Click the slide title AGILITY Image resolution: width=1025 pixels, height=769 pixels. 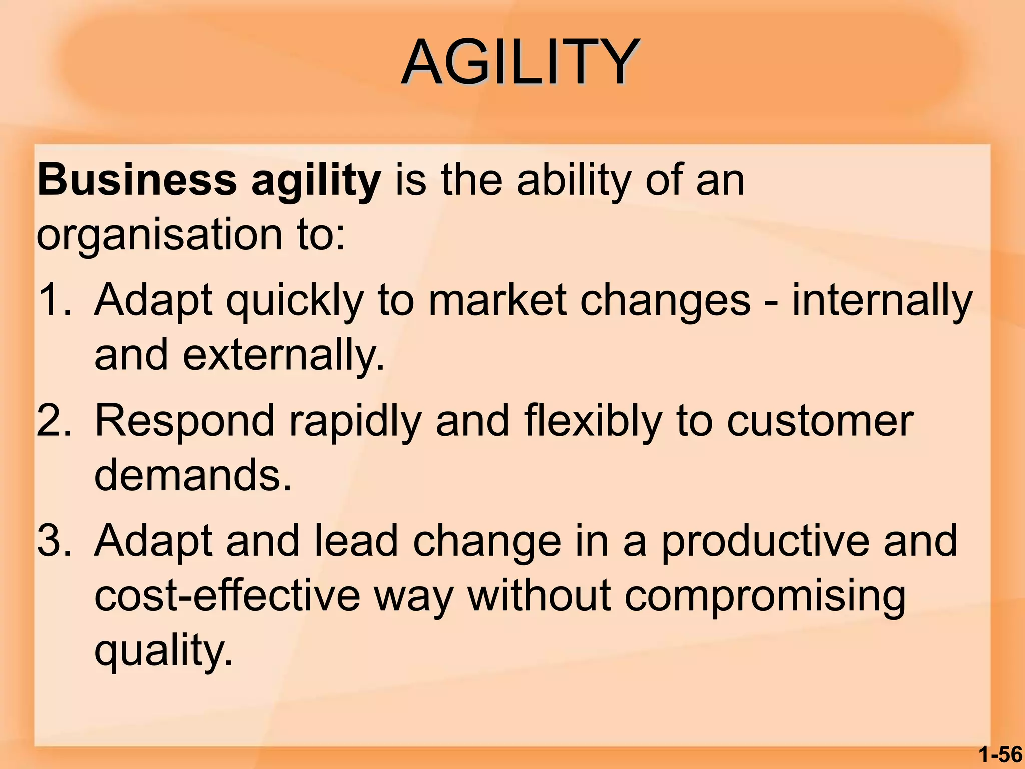coord(521,63)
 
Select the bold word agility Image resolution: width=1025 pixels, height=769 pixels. coord(316,181)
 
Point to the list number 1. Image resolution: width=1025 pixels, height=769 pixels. coord(53,300)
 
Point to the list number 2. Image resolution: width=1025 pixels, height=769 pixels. coord(53,421)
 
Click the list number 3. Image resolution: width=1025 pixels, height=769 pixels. coord(53,541)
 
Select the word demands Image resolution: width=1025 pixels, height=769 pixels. coord(192,475)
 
